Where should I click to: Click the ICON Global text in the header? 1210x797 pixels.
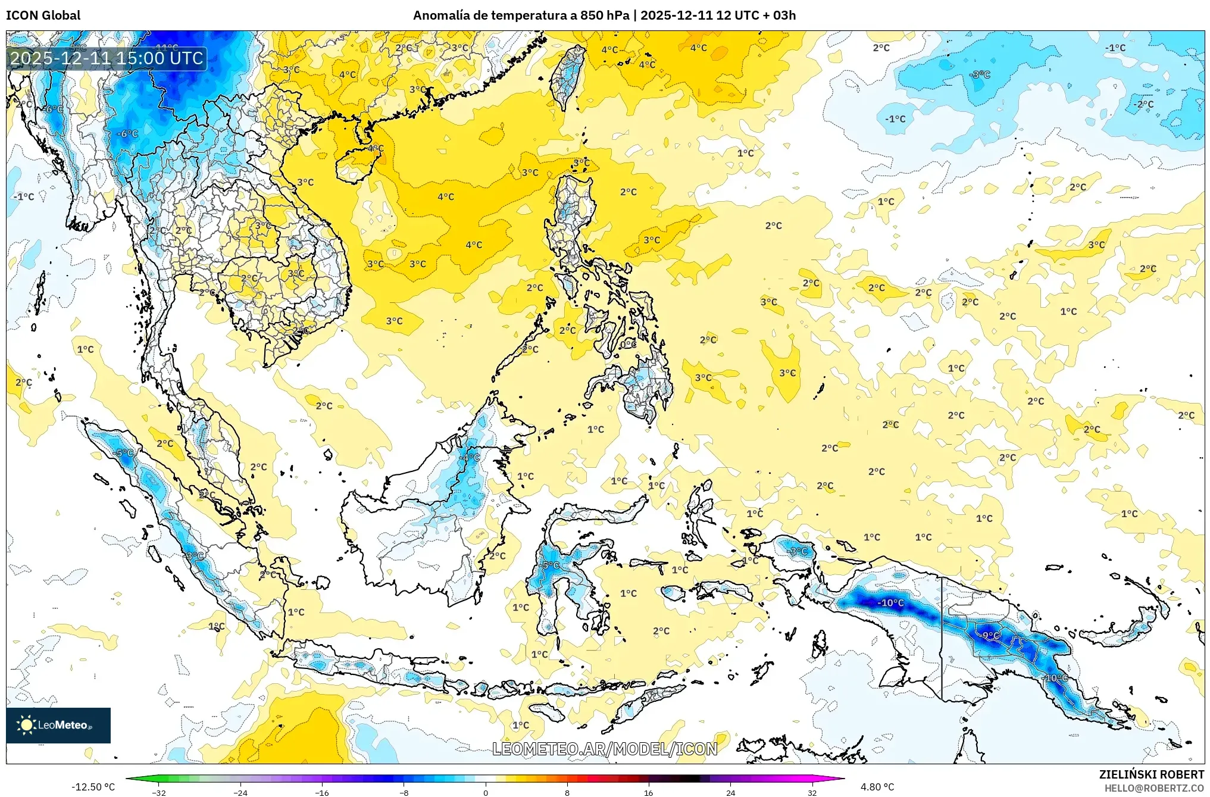(x=43, y=15)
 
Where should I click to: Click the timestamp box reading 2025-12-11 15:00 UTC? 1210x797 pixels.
(x=107, y=58)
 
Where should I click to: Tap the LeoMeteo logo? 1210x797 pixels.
(x=58, y=725)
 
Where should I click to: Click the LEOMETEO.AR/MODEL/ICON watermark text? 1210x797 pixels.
(x=605, y=749)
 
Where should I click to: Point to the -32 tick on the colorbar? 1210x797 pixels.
(x=159, y=792)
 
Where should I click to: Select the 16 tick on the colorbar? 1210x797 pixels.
(x=648, y=792)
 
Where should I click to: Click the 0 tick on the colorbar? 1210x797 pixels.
(x=486, y=792)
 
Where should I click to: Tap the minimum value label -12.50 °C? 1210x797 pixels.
(x=93, y=787)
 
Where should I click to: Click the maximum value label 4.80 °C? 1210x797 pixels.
(x=877, y=787)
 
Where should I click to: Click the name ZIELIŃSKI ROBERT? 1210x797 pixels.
(x=1151, y=774)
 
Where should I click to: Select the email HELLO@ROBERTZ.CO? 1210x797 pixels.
(x=1154, y=788)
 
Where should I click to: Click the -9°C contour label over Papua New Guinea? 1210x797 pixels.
(x=990, y=636)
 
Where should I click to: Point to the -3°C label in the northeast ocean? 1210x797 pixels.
(x=980, y=75)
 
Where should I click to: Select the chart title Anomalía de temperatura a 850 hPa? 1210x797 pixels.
(x=521, y=15)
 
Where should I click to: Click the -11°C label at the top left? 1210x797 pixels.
(x=167, y=47)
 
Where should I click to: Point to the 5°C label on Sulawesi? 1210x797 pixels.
(x=551, y=565)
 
